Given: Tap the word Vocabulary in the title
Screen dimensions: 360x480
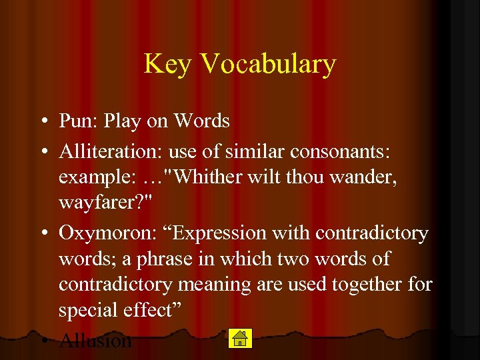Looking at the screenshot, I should point(267,65).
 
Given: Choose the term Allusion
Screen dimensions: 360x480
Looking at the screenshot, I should point(95,341).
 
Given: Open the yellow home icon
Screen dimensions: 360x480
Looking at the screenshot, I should point(239,339).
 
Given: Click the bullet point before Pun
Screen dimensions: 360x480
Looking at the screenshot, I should point(42,121).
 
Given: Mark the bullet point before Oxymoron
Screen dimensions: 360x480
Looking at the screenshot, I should point(42,233).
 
